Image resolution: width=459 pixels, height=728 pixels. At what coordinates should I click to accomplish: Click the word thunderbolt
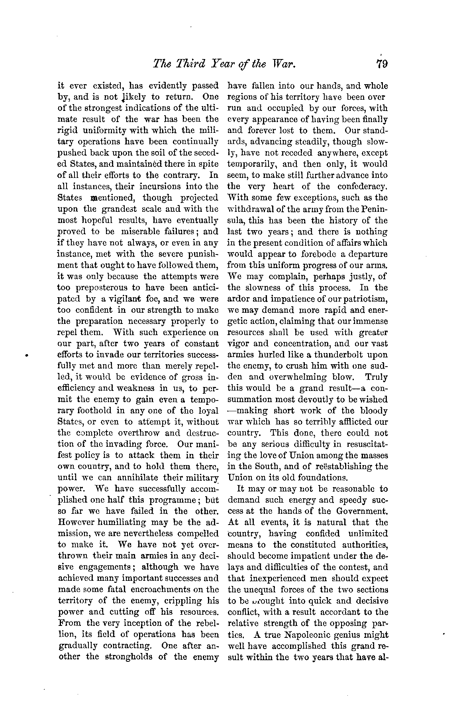click(339, 355)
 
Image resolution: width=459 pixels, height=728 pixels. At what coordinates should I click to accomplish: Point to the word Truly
click(376, 377)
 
